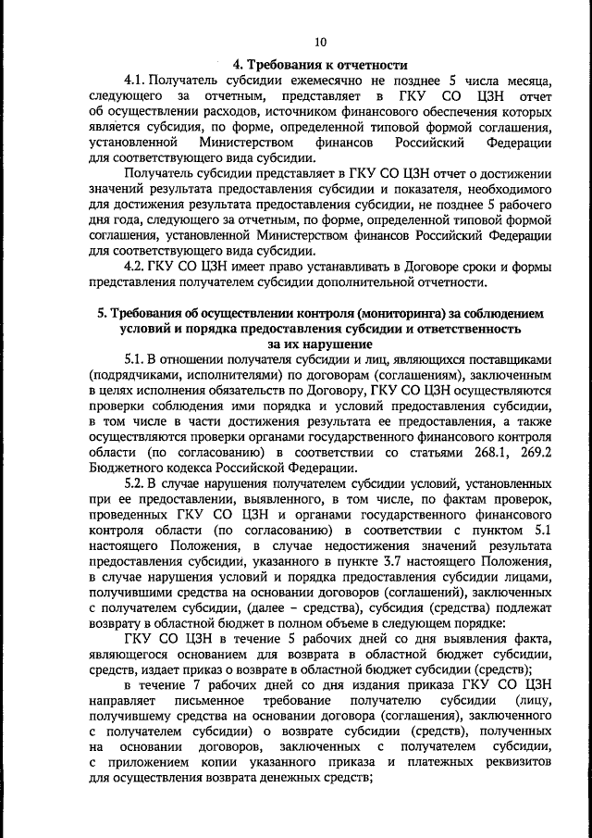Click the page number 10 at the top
320,42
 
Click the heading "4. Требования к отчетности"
320,64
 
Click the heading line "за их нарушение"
320,344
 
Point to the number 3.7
398,558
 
